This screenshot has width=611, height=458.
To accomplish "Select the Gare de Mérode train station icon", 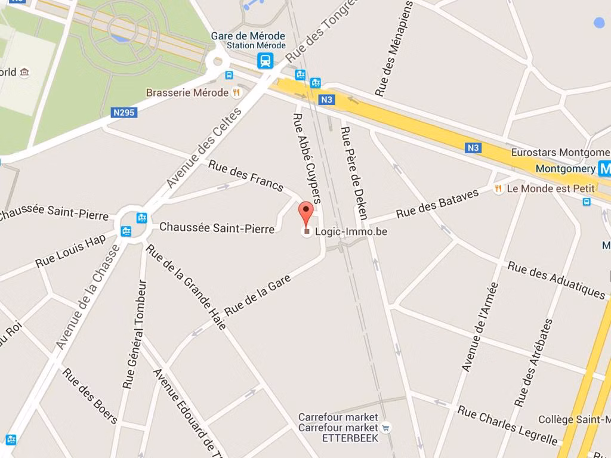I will coord(266,60).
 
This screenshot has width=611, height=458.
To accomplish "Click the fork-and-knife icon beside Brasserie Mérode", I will coord(237,92).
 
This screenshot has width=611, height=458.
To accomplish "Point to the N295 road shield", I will coord(124,112).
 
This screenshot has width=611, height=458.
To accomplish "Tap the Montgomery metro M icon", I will coord(605,169).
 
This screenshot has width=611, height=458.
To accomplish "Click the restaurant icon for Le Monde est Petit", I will coord(498,188).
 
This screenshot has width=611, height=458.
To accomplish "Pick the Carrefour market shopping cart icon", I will coord(386,427).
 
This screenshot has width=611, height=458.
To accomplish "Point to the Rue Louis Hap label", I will coord(70,251).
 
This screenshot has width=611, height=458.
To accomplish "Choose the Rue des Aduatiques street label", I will coord(556,279).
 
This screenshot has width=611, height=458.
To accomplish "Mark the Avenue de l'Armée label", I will coord(480,327).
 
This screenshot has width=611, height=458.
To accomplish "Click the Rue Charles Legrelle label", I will coord(508,425).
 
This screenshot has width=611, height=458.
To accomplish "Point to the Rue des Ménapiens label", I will coord(394,49).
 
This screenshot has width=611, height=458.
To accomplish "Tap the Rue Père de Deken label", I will coord(354,173).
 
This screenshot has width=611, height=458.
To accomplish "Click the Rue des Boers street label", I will coord(90,396).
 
